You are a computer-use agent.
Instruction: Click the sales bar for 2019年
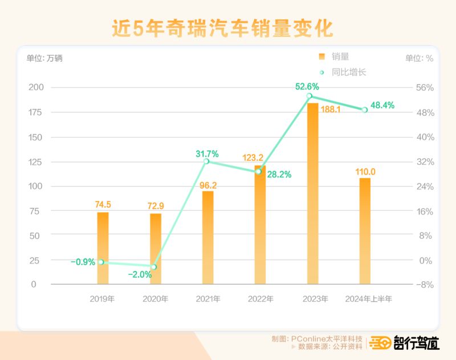[x=103, y=248]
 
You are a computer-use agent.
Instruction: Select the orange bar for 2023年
[x=313, y=194]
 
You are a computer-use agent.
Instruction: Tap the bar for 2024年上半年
[x=365, y=231]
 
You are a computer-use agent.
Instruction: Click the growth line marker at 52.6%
[x=309, y=96]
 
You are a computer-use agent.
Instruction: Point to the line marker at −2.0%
[x=154, y=266]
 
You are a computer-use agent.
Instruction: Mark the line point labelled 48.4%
[x=365, y=110]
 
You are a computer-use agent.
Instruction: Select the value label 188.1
[x=331, y=109]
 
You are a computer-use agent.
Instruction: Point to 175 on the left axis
[x=35, y=112]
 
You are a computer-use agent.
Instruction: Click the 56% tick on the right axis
[x=425, y=88]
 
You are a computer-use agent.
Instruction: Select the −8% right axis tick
[x=425, y=284]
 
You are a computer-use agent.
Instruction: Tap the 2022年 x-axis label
[x=260, y=298]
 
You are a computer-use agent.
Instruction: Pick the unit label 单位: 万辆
[x=44, y=58]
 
